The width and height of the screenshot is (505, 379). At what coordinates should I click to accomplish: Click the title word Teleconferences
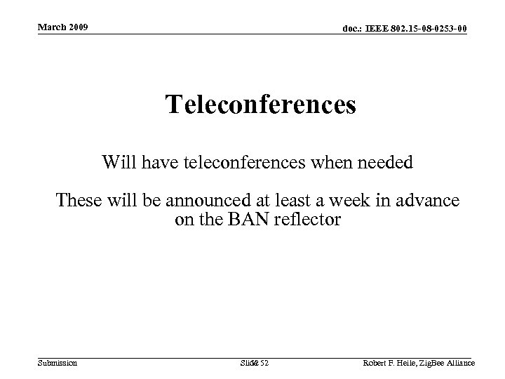pos(261,105)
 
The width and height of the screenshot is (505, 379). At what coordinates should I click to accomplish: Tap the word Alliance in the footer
pos(459,362)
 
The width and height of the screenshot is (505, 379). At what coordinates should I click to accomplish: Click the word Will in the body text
pos(119,164)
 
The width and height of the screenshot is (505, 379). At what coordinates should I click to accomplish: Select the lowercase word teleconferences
pos(229,164)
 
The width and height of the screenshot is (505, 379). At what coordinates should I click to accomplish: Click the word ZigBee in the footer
pos(433,362)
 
